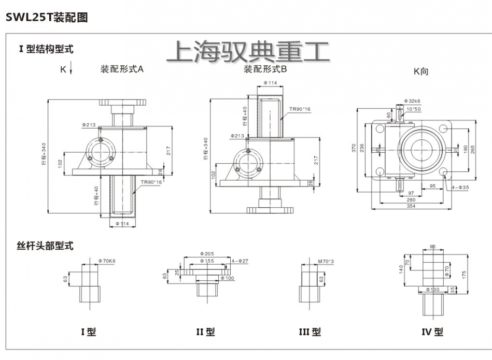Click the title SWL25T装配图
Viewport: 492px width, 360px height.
point(46,17)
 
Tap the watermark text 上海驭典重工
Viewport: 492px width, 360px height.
point(248,53)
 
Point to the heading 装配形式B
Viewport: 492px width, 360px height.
point(265,69)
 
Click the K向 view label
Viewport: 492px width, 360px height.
point(420,72)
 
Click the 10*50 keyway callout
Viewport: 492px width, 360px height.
point(414,109)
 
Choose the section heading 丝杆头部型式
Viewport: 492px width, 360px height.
point(46,246)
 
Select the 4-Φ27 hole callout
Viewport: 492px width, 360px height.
point(240,261)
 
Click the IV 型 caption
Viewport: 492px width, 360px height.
point(431,332)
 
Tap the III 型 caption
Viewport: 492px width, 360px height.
point(310,332)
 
